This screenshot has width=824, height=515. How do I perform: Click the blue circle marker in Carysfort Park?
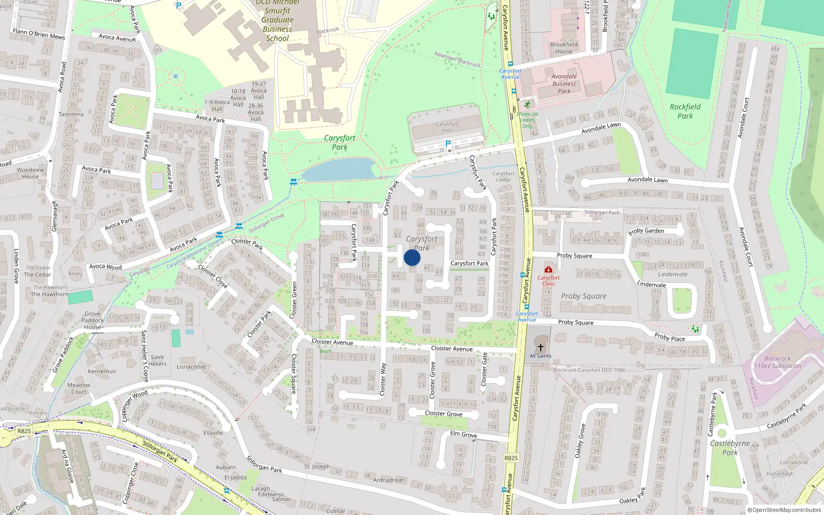[412, 257]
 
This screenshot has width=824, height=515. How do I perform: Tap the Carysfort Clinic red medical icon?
[548, 269]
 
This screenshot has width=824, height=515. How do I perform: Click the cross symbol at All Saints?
[540, 347]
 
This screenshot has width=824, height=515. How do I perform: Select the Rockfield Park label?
[685, 111]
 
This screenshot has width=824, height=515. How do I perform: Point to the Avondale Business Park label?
[564, 83]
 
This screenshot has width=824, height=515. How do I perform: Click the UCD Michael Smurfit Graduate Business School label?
[278, 20]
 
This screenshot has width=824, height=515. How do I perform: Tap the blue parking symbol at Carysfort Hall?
[448, 144]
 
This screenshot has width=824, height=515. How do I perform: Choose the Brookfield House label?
[564, 48]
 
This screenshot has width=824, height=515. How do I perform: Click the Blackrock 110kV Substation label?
[778, 362]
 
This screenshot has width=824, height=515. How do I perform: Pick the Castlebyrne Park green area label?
[730, 448]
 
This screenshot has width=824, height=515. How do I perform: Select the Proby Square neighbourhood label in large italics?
[583, 296]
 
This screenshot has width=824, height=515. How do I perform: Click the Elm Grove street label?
[463, 435]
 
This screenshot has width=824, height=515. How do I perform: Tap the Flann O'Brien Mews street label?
[39, 34]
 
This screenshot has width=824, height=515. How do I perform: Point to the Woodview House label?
[30, 173]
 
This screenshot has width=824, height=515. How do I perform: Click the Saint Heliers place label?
[158, 360]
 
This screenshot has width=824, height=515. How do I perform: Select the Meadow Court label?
[79, 388]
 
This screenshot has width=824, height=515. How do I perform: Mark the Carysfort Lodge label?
[503, 177]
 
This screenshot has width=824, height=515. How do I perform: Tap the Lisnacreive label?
[192, 367]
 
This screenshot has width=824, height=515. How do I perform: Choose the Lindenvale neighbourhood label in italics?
[673, 274]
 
